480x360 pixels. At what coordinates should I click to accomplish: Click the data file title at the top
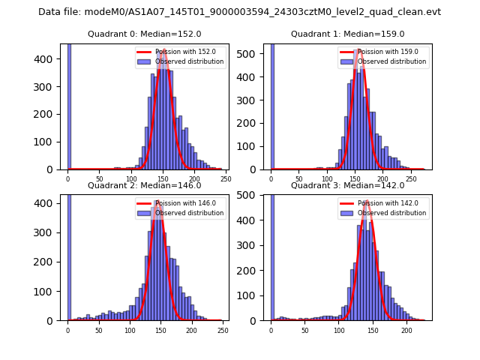coord(239,12)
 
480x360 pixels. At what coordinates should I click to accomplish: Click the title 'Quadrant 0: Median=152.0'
coord(145,34)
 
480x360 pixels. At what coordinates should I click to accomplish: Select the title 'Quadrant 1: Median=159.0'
coord(348,34)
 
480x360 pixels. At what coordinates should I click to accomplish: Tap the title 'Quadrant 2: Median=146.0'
coord(145,185)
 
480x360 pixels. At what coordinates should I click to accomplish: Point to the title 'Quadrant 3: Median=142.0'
coord(348,185)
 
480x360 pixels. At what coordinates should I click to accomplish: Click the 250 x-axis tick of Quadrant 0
coord(225,178)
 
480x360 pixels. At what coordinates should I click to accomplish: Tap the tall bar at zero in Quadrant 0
coord(69,105)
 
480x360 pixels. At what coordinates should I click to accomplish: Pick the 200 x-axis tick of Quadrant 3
coord(406,330)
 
